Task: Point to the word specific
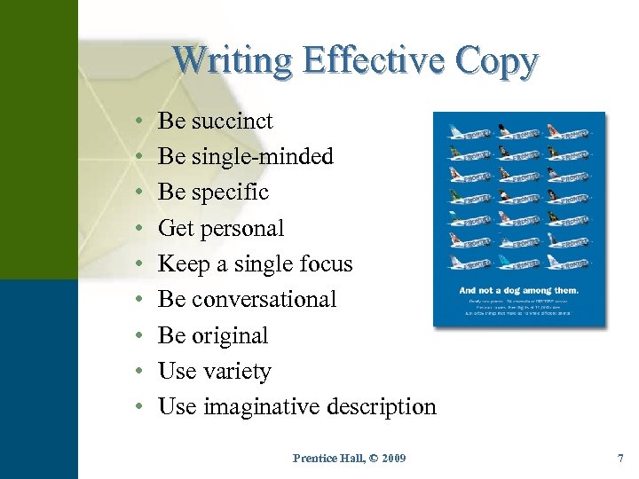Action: [232, 192]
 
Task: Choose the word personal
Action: [243, 229]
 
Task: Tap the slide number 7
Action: [620, 458]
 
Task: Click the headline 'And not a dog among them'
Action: [518, 289]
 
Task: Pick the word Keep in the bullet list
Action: [184, 264]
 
